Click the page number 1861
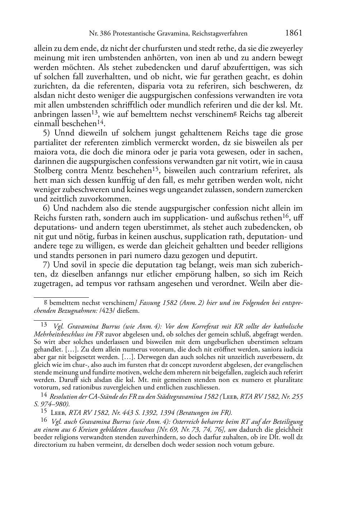(x=294, y=33)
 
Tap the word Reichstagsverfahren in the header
(x=219, y=34)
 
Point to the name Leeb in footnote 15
(x=57, y=412)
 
